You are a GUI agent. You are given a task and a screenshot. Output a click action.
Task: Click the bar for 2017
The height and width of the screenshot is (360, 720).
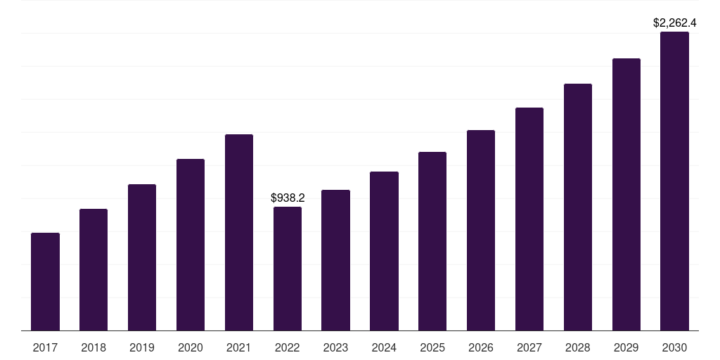coord(45,281)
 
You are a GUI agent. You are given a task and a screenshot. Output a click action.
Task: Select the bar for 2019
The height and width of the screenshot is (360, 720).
coord(142,257)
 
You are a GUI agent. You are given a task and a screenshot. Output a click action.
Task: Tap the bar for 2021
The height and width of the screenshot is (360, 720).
coord(239,232)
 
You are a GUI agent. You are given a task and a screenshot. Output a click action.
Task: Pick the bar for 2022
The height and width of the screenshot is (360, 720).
coord(288,269)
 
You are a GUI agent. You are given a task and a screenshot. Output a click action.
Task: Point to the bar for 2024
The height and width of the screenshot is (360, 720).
coord(384,251)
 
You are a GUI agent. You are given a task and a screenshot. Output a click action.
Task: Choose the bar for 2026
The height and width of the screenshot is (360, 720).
coord(481,230)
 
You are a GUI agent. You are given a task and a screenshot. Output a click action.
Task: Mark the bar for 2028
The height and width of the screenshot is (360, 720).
coord(578,207)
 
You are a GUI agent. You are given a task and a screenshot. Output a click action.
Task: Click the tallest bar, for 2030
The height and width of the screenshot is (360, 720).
coord(674,181)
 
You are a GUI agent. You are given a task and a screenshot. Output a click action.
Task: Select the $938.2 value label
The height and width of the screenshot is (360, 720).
coord(288,198)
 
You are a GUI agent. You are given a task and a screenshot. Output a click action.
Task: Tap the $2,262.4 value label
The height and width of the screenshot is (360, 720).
coord(674,23)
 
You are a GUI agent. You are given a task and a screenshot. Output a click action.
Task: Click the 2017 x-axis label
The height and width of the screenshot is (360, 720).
coord(45,347)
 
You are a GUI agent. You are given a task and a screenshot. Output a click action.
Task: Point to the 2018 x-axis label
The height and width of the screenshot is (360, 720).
coord(94,347)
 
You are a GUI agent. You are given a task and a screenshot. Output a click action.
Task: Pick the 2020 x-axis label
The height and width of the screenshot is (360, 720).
coord(191,347)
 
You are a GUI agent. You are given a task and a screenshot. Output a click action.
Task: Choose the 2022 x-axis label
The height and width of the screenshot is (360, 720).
coord(288,347)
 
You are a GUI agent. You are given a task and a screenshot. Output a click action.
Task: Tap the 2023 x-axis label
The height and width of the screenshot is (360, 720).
coord(335,347)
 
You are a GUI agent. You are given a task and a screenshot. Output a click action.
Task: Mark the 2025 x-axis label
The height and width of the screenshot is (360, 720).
coord(432,347)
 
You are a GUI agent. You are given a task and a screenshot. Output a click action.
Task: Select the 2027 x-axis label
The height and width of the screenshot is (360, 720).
coord(529,347)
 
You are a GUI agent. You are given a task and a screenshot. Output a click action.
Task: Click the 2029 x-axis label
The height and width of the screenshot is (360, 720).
coord(626,347)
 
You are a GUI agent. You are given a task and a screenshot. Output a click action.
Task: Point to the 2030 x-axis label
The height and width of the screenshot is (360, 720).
coord(674,347)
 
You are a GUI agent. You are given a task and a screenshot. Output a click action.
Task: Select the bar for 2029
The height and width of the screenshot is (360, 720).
coord(626,194)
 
